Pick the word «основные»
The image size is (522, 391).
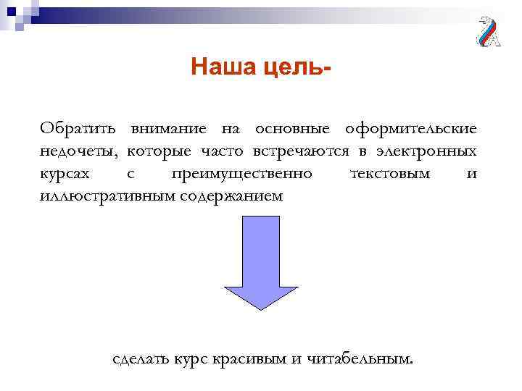[292, 129]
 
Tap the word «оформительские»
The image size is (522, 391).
[411, 129]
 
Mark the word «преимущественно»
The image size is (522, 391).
[242, 174]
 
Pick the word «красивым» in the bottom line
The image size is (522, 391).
[256, 358]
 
